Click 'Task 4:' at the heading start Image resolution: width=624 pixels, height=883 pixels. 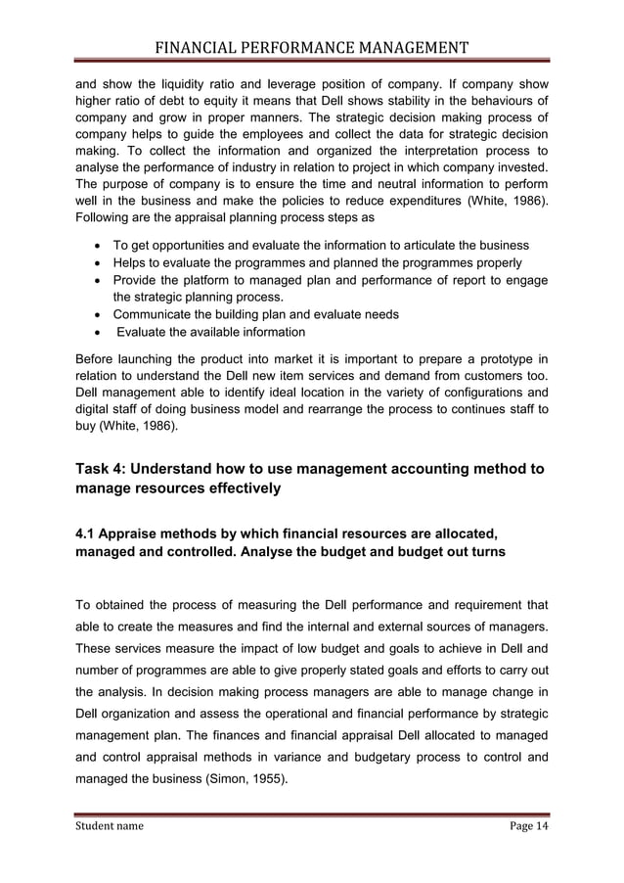(x=105, y=469)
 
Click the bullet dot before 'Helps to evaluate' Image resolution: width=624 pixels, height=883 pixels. (x=96, y=262)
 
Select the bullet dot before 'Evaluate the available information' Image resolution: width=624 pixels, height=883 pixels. (x=96, y=332)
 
